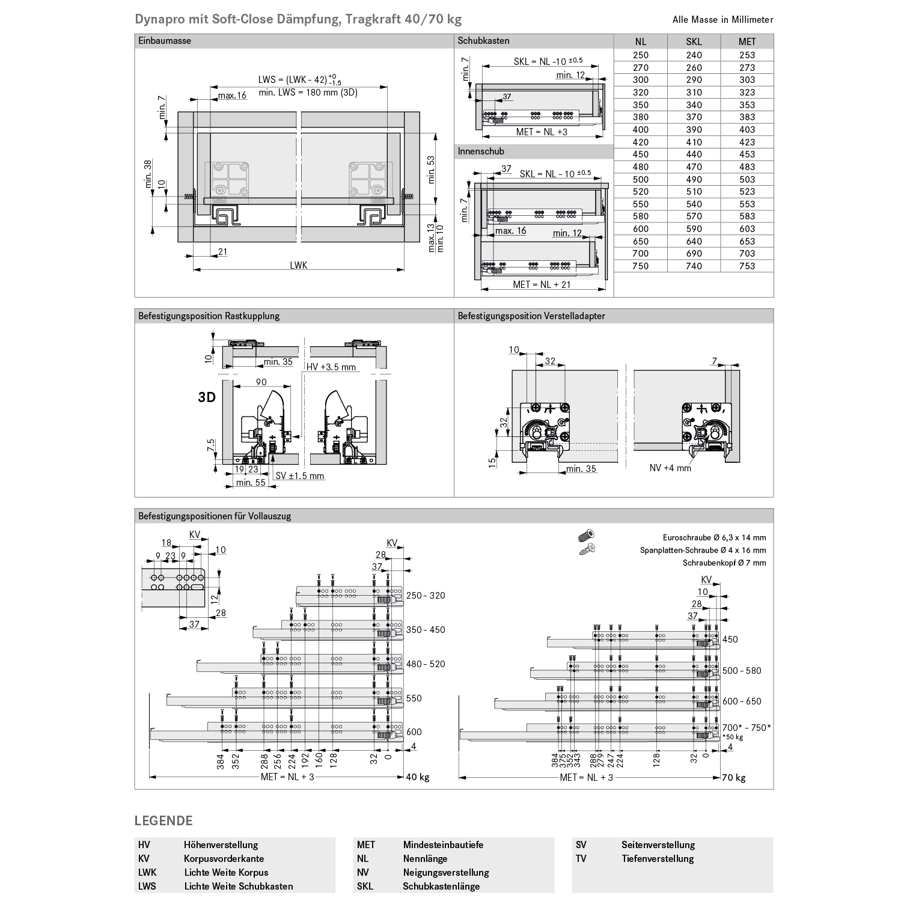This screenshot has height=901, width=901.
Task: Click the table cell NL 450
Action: [x=640, y=154]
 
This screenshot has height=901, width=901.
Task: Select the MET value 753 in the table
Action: [x=747, y=266]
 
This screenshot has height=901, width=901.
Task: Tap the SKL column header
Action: [x=694, y=41]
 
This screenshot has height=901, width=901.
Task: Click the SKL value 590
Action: [x=694, y=228]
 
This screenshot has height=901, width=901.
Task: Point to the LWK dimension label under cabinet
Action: [x=298, y=265]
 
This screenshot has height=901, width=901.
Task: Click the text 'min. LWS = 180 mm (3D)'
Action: [x=308, y=92]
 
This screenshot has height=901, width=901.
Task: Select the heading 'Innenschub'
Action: [x=481, y=151]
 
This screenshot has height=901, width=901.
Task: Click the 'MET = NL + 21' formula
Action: [x=542, y=285]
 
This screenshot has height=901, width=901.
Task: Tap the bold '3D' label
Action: [x=207, y=398]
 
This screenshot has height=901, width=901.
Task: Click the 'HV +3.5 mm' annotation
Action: [x=331, y=367]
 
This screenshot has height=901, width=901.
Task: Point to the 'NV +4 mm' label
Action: [x=670, y=468]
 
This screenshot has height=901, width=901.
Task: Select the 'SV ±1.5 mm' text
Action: [x=300, y=476]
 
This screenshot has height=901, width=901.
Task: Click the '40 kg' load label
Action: [x=418, y=777]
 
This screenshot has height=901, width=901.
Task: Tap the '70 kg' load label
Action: [x=733, y=778]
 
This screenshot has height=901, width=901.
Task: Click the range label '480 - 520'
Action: [x=426, y=664]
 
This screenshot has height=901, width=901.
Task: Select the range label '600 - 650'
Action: [x=742, y=701]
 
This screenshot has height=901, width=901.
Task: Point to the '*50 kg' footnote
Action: [x=733, y=737]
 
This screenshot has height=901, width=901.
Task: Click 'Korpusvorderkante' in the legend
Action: [x=224, y=859]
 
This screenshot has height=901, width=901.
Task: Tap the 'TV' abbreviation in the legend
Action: [x=581, y=859]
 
